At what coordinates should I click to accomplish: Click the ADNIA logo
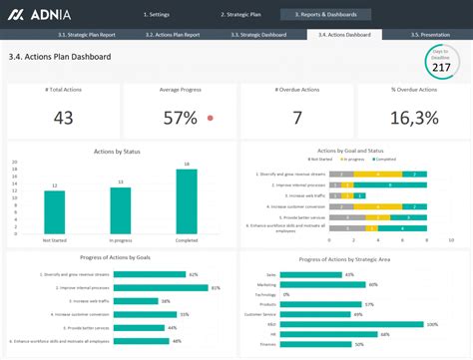38,14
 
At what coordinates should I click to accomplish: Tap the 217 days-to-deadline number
440,68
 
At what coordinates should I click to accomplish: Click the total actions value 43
63,118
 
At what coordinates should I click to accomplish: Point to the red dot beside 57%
210,118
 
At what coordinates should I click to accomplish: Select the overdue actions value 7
296,118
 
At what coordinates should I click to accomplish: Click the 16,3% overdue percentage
413,118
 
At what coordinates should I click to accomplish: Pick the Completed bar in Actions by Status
187,200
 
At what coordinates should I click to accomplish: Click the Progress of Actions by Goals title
119,258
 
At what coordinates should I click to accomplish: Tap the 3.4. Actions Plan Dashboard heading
59,57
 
